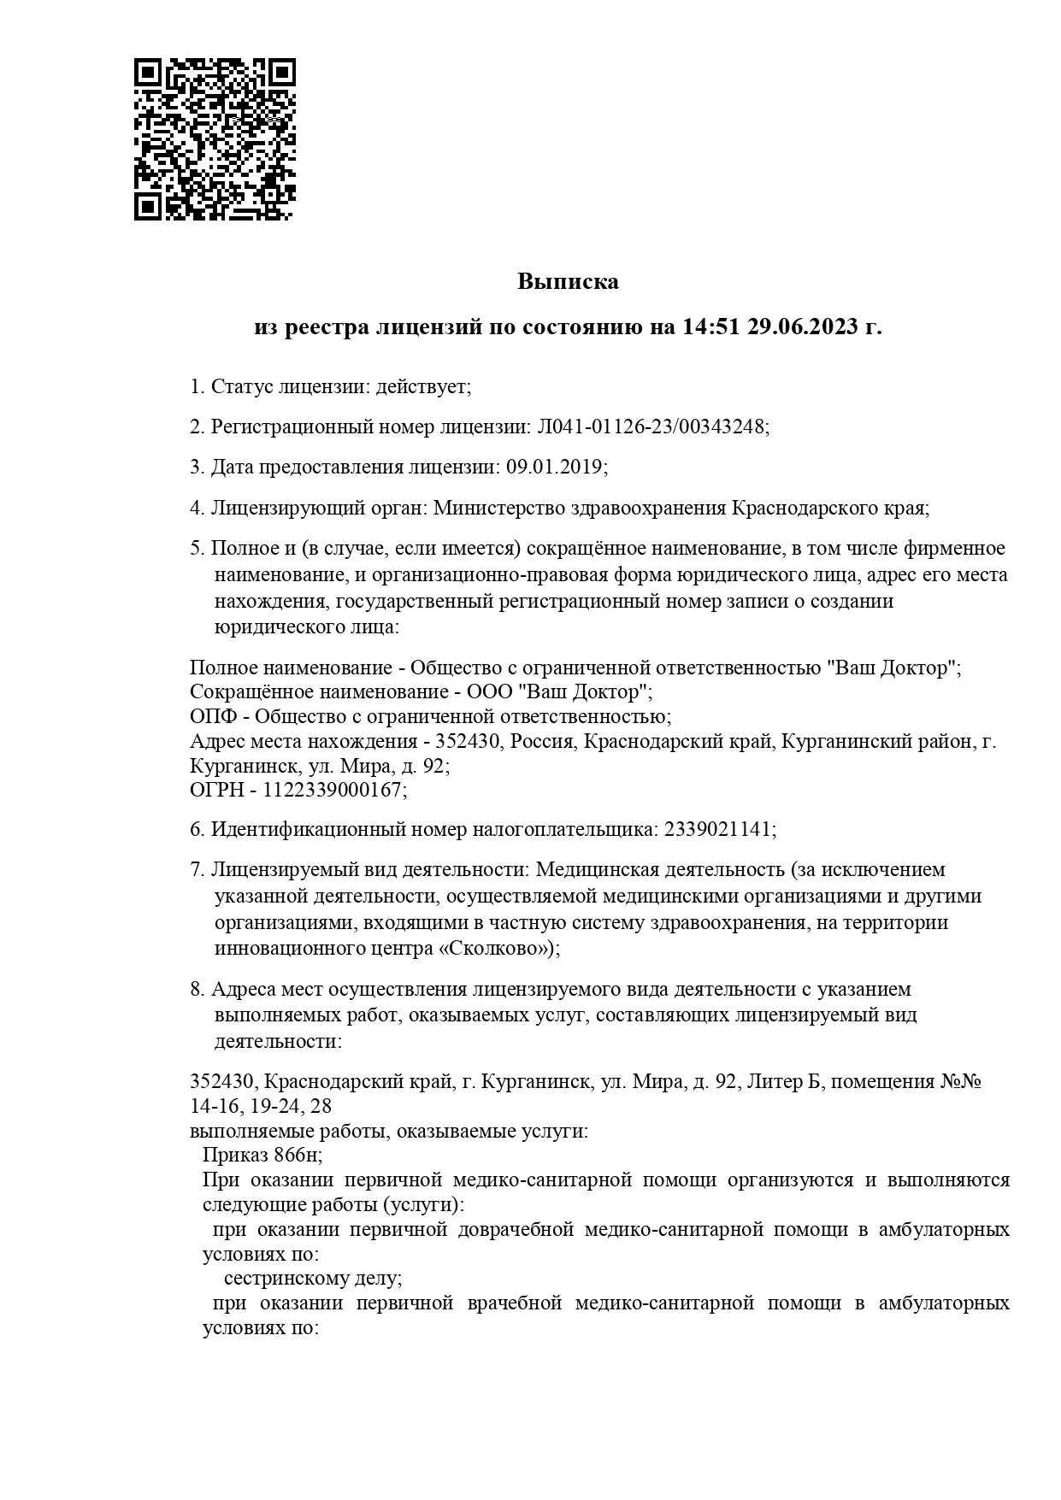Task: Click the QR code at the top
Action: click(215, 139)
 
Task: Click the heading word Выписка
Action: click(568, 281)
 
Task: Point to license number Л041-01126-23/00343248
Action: click(651, 426)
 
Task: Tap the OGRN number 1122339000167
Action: click(332, 790)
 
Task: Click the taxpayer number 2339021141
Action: click(717, 829)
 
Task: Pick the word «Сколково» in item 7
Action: click(498, 949)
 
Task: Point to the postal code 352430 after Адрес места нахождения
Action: click(469, 740)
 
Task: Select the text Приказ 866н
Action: click(261, 1155)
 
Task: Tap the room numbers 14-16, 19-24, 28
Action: click(260, 1106)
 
